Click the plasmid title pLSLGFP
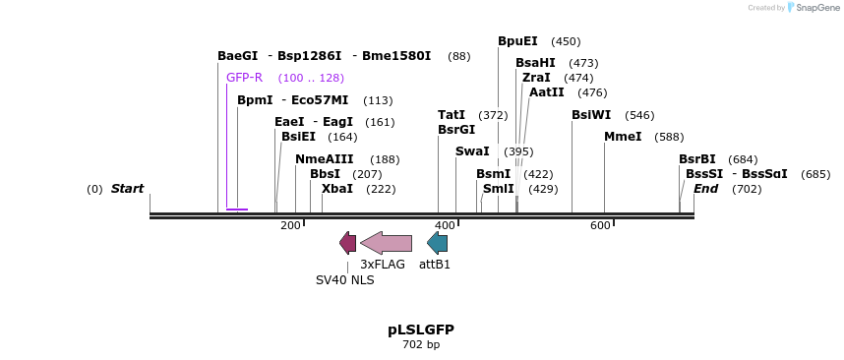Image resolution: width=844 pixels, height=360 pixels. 421,330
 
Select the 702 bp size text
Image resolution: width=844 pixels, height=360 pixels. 421,344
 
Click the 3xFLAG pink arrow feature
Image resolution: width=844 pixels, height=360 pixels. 386,243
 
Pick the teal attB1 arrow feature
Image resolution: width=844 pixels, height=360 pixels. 437,243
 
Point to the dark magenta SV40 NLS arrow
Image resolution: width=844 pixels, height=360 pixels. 347,243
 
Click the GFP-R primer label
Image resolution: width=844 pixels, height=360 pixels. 244,78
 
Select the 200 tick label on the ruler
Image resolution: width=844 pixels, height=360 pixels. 290,226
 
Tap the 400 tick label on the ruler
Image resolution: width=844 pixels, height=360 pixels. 445,226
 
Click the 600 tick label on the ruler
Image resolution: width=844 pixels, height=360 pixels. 600,226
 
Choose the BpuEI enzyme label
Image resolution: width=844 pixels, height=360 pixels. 517,41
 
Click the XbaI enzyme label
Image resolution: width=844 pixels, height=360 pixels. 337,189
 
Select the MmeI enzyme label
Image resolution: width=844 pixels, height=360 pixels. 623,137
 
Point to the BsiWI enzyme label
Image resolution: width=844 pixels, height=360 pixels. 591,115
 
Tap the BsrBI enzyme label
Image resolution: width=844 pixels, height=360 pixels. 697,159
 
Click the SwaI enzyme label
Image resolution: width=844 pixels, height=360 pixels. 472,151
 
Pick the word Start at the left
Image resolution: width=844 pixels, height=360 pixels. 127,189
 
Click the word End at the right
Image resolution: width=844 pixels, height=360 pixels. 705,189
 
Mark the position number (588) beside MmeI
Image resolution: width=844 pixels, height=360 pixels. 669,137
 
